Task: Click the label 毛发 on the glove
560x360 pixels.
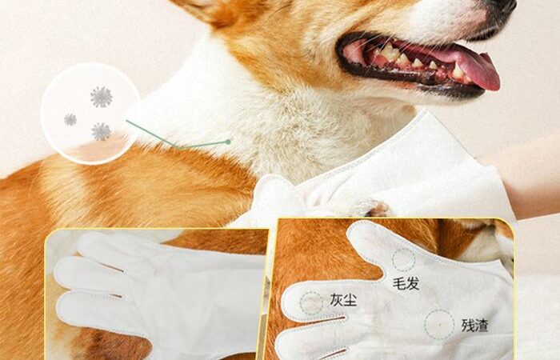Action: [406, 284]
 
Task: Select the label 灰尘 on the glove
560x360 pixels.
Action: [343, 300]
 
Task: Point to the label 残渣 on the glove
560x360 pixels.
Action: [474, 326]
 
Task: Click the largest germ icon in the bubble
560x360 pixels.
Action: [102, 97]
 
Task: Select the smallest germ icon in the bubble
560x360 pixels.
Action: [70, 120]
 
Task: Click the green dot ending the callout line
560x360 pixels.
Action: [228, 142]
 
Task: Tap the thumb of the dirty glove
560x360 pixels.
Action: [368, 243]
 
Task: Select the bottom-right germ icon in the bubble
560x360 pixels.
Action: [101, 131]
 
